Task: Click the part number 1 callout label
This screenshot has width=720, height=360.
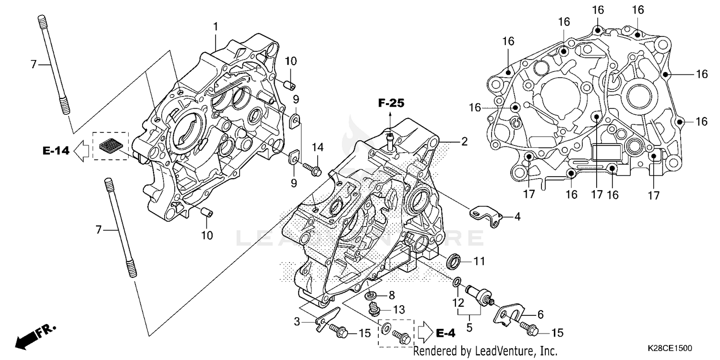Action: pyautogui.click(x=216, y=25)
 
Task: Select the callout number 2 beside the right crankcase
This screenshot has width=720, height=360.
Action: pyautogui.click(x=464, y=142)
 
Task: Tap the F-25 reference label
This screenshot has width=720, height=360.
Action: pyautogui.click(x=391, y=102)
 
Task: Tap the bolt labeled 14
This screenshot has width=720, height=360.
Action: pyautogui.click(x=312, y=168)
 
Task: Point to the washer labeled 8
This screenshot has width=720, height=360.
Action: pyautogui.click(x=371, y=295)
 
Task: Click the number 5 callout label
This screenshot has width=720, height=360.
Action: pyautogui.click(x=469, y=328)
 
